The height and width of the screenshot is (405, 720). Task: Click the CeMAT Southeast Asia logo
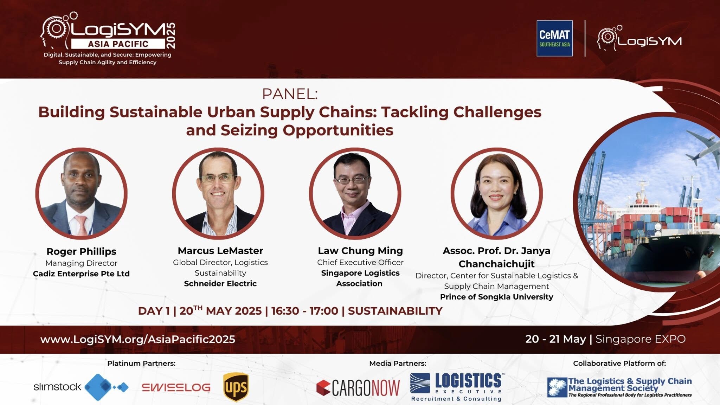click(x=554, y=38)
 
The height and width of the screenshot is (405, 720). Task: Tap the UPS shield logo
click(x=236, y=387)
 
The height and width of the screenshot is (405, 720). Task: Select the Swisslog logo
click(x=176, y=387)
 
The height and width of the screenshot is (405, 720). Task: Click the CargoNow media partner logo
click(x=358, y=388)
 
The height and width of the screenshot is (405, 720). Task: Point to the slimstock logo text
click(x=57, y=387)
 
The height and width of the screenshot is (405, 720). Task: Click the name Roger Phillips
click(x=81, y=252)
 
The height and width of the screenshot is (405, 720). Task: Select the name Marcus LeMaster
click(x=220, y=251)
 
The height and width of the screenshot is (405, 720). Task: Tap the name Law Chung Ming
click(x=360, y=251)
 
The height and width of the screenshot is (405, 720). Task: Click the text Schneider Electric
click(x=220, y=283)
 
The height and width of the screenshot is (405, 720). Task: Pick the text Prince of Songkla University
click(x=496, y=297)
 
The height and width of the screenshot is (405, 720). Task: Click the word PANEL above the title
click(x=290, y=94)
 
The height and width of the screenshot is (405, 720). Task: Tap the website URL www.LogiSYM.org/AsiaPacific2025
click(x=137, y=339)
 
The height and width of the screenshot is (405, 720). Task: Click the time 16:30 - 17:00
click(x=304, y=311)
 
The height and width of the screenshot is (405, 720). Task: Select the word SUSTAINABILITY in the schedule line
click(x=395, y=311)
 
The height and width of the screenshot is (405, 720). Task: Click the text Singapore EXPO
click(x=641, y=339)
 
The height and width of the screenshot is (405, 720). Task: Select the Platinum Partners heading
click(x=141, y=363)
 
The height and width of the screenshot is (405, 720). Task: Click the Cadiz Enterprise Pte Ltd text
click(x=81, y=274)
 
